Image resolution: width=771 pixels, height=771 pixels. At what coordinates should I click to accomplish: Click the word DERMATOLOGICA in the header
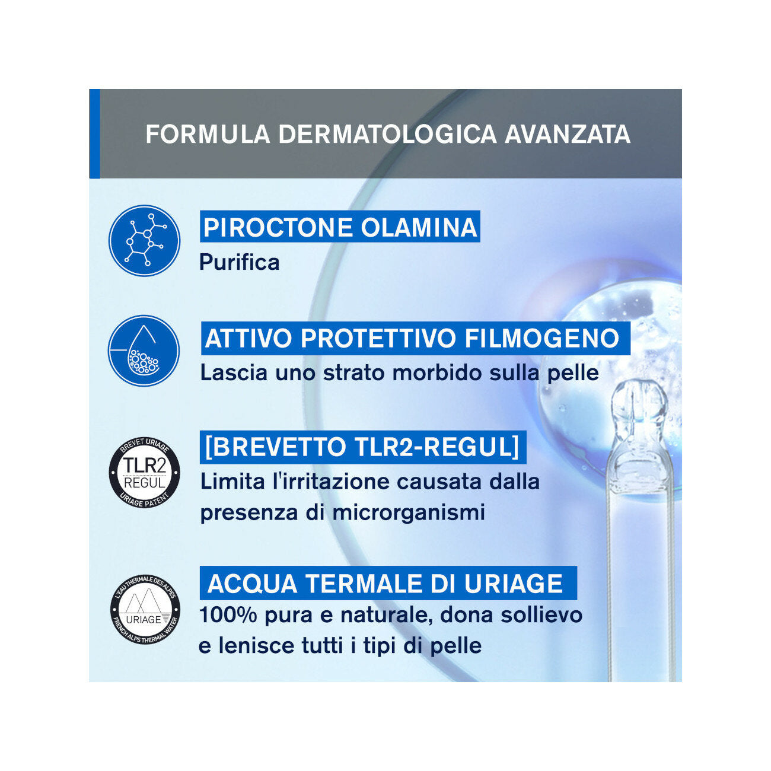point(387,135)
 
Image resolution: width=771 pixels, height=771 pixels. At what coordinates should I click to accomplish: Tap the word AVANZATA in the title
point(568,135)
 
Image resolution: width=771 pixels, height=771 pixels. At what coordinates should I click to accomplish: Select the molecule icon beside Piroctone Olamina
point(144,240)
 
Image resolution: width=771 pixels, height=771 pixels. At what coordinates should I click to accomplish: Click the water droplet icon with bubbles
point(144,351)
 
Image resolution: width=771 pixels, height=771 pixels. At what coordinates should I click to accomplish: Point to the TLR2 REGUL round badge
point(144,473)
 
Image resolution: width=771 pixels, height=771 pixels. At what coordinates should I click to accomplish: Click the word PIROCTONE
point(278,228)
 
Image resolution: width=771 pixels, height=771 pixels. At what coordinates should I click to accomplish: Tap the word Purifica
point(240,262)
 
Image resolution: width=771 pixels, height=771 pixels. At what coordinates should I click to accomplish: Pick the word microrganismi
point(409,512)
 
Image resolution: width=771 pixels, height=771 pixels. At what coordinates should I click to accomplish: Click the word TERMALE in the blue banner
point(362,584)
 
